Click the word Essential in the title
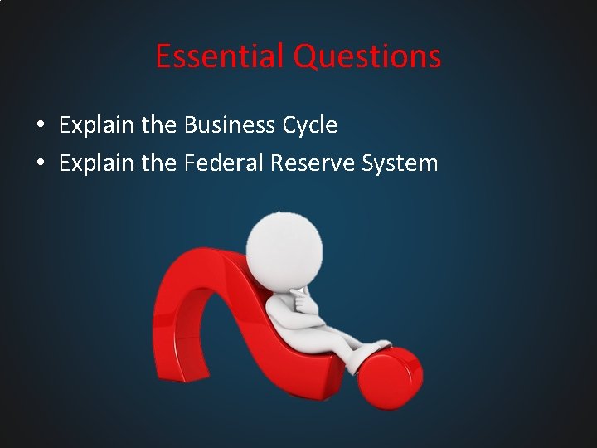[221, 56]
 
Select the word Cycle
[309, 126]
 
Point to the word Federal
[224, 163]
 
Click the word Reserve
[313, 163]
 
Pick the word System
[400, 163]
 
